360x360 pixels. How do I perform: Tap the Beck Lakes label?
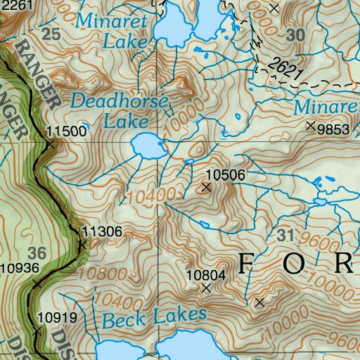154,319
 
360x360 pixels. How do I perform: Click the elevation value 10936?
20,267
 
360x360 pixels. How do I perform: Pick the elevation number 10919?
56,317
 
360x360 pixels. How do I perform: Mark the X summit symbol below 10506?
206,187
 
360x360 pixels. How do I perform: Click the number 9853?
333,129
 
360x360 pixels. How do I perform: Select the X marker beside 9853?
311,126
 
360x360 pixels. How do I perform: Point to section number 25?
51,34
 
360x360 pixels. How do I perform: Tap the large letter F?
246,264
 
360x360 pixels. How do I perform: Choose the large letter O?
295,264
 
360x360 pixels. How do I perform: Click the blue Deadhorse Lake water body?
146,146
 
